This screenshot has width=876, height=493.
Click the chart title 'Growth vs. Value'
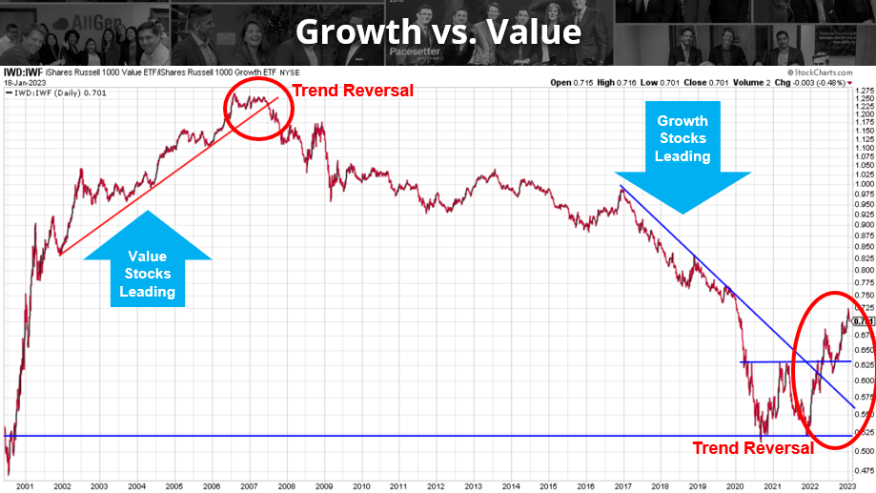coord(438,31)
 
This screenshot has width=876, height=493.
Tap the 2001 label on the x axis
coord(24,484)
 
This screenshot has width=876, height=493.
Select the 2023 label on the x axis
coord(845,484)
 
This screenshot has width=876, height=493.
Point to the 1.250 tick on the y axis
coord(864,98)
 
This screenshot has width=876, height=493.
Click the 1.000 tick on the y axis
coord(864,185)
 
